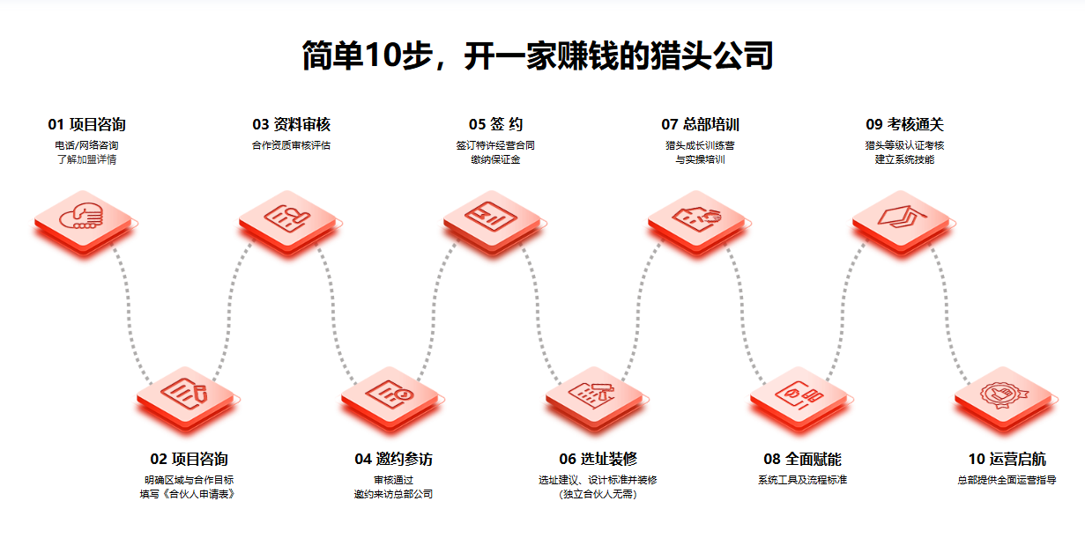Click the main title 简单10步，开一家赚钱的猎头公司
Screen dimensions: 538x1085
tap(538, 55)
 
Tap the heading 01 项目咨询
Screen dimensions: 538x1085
tap(86, 124)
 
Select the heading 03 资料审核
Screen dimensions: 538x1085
tap(291, 124)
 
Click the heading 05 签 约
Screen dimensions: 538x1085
tap(495, 124)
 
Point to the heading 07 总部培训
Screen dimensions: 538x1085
tap(700, 124)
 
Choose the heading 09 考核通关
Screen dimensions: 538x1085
tap(904, 124)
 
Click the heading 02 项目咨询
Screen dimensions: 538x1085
tap(189, 459)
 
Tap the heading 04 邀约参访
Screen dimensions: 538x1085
tap(393, 459)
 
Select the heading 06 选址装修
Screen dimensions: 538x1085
tap(598, 459)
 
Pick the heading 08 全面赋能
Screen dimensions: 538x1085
tap(802, 459)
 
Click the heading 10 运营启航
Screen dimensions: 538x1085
tap(1007, 459)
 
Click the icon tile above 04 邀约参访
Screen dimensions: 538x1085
tap(393, 394)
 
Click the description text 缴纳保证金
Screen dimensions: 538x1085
tap(495, 159)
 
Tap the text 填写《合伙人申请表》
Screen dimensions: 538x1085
tap(189, 494)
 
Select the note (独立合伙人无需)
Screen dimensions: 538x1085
tap(598, 494)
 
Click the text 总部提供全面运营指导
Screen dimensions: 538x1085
tap(1007, 480)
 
